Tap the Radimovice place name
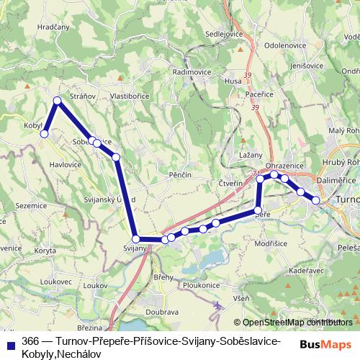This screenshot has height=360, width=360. (x=191, y=72)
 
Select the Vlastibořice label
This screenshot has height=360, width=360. (x=129, y=95)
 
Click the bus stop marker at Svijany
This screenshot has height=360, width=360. (x=135, y=238)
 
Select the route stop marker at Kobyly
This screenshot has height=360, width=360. (x=44, y=133)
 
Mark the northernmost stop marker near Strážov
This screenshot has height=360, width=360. (x=57, y=101)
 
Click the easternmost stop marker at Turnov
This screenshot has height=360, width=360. (x=315, y=199)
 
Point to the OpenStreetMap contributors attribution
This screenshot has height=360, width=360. (x=294, y=323)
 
